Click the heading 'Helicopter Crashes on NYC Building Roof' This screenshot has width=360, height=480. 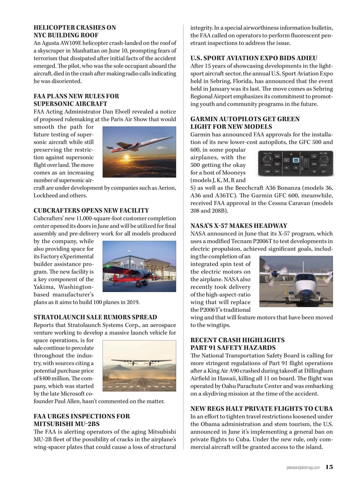[75, 31]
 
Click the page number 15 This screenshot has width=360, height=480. [329, 467]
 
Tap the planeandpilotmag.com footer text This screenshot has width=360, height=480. [303, 467]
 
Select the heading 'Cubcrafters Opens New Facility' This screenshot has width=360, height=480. [91, 211]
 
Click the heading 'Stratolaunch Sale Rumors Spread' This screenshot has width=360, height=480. [95, 317]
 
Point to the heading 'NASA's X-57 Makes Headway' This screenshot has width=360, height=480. [239, 226]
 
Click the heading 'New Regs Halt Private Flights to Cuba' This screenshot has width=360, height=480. [261, 409]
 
